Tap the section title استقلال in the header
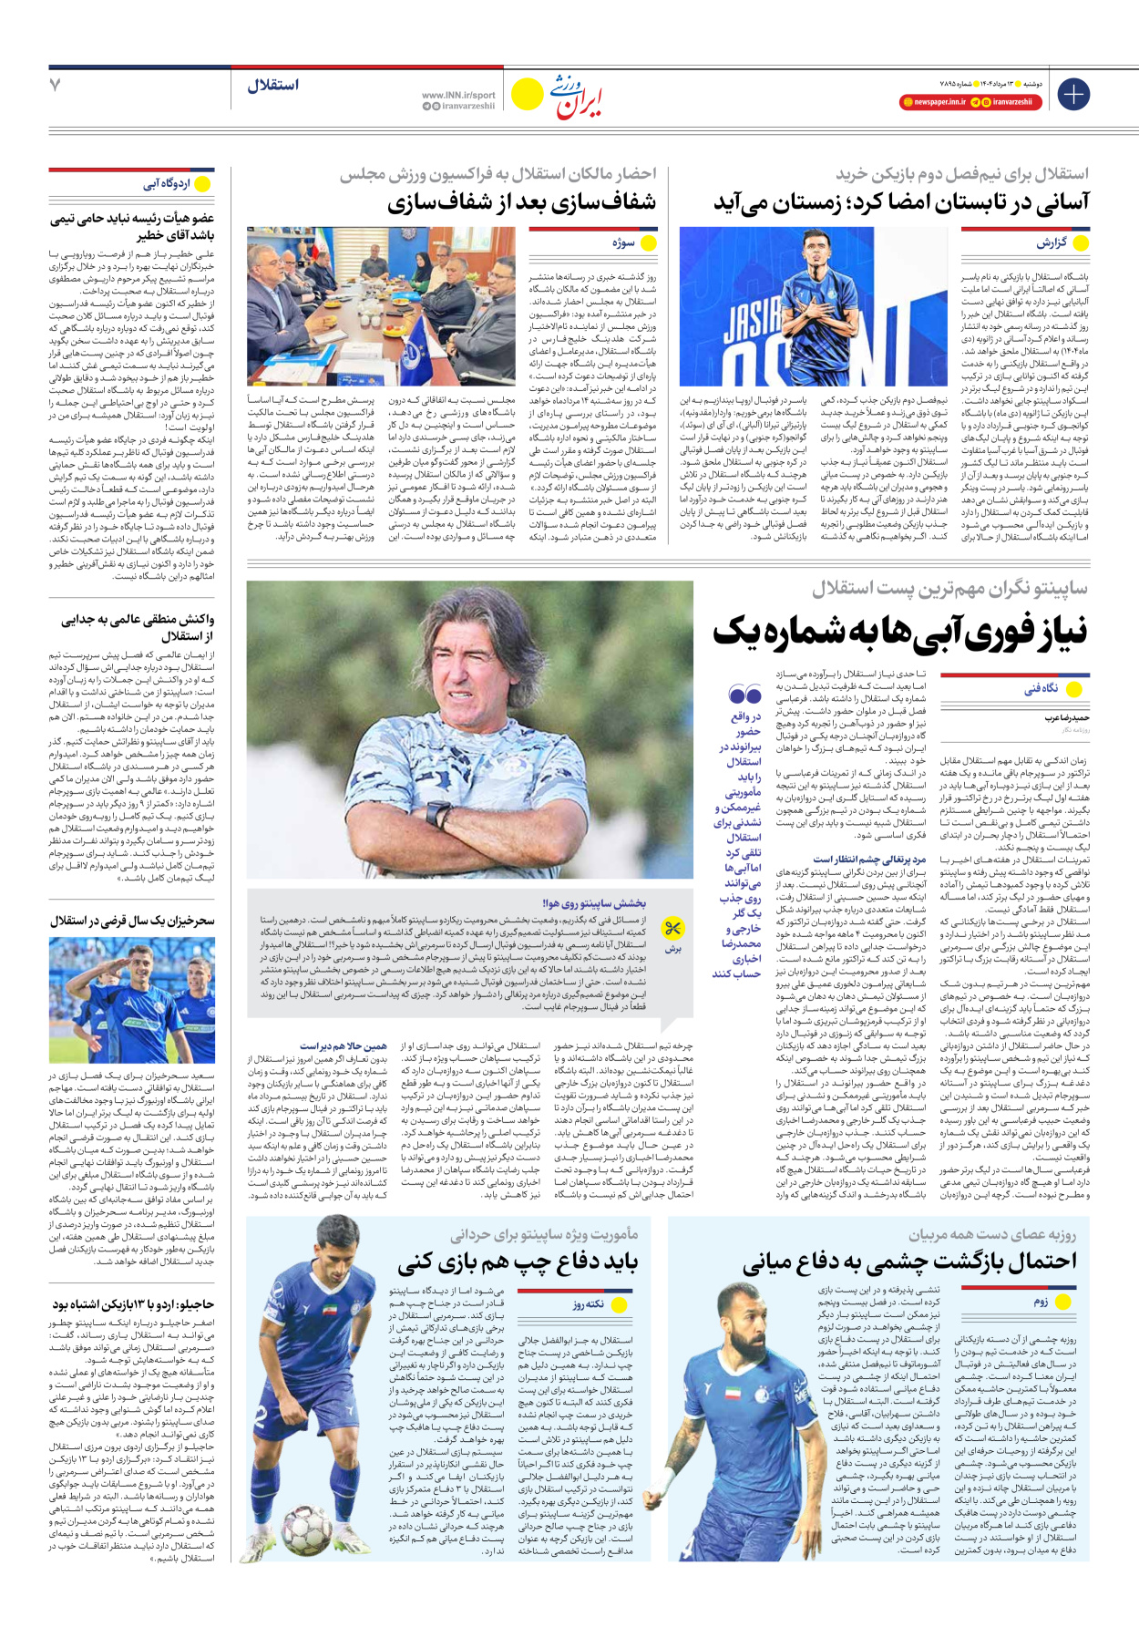[x=272, y=86]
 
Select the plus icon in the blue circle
[x=1073, y=94]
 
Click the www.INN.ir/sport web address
[x=458, y=95]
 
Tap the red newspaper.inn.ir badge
[x=933, y=102]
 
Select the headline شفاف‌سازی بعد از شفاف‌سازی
[x=521, y=202]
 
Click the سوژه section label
[x=623, y=243]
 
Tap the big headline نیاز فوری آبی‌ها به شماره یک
[x=899, y=631]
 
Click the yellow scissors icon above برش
[x=672, y=929]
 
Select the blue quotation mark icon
[x=744, y=695]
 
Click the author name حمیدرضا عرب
[x=1066, y=718]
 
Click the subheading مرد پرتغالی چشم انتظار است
[x=869, y=859]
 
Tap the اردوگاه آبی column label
[x=167, y=184]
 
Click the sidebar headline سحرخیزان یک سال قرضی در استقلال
[x=133, y=921]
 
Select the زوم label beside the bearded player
[x=1041, y=1302]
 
